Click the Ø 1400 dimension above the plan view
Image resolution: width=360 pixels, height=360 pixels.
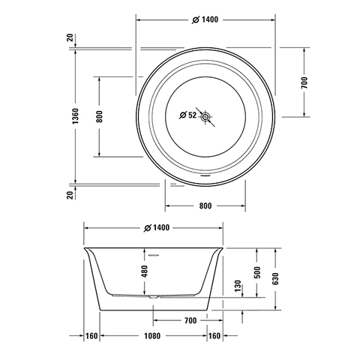(205, 19)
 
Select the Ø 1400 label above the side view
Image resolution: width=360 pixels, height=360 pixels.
(157, 228)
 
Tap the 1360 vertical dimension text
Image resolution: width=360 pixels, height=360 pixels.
(75, 116)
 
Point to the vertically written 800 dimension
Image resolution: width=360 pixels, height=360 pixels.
(100, 116)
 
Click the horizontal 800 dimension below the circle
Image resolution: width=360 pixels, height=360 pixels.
(205, 206)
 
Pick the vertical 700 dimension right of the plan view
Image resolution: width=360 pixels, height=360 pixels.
(304, 82)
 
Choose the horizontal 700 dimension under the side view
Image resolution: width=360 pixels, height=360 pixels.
(190, 320)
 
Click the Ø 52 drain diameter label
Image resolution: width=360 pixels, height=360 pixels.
(188, 115)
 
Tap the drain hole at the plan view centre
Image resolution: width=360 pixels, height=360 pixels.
(205, 116)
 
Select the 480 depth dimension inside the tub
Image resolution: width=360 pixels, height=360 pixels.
(145, 271)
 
